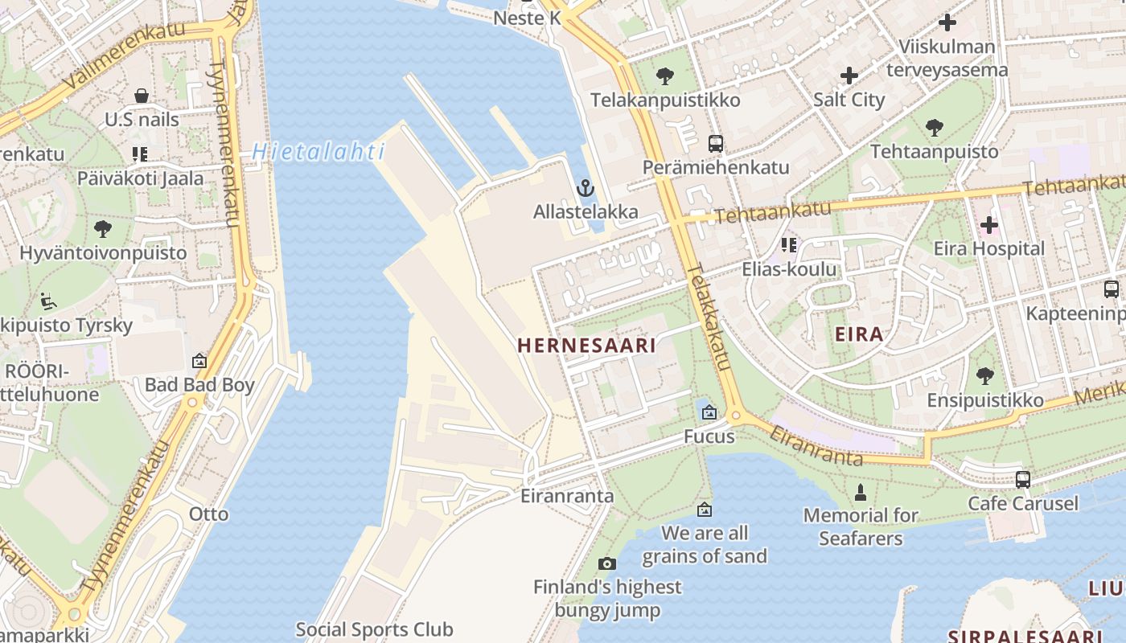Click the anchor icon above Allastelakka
[586, 189]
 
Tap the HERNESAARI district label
[586, 346]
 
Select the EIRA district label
[859, 334]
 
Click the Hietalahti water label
[318, 151]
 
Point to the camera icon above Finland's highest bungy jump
[607, 563]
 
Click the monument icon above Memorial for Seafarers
[860, 492]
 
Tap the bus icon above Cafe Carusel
[1022, 480]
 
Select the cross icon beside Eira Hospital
[989, 225]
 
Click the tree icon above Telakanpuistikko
[664, 76]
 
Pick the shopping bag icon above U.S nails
[142, 96]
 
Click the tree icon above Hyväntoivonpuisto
[103, 229]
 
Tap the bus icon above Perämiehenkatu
[715, 144]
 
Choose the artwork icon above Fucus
[709, 412]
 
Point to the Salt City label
[849, 100]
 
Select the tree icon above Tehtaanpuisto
[934, 127]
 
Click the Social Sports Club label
[374, 629]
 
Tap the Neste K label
[527, 18]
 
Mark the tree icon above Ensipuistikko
[984, 376]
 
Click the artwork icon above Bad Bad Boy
[199, 362]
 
